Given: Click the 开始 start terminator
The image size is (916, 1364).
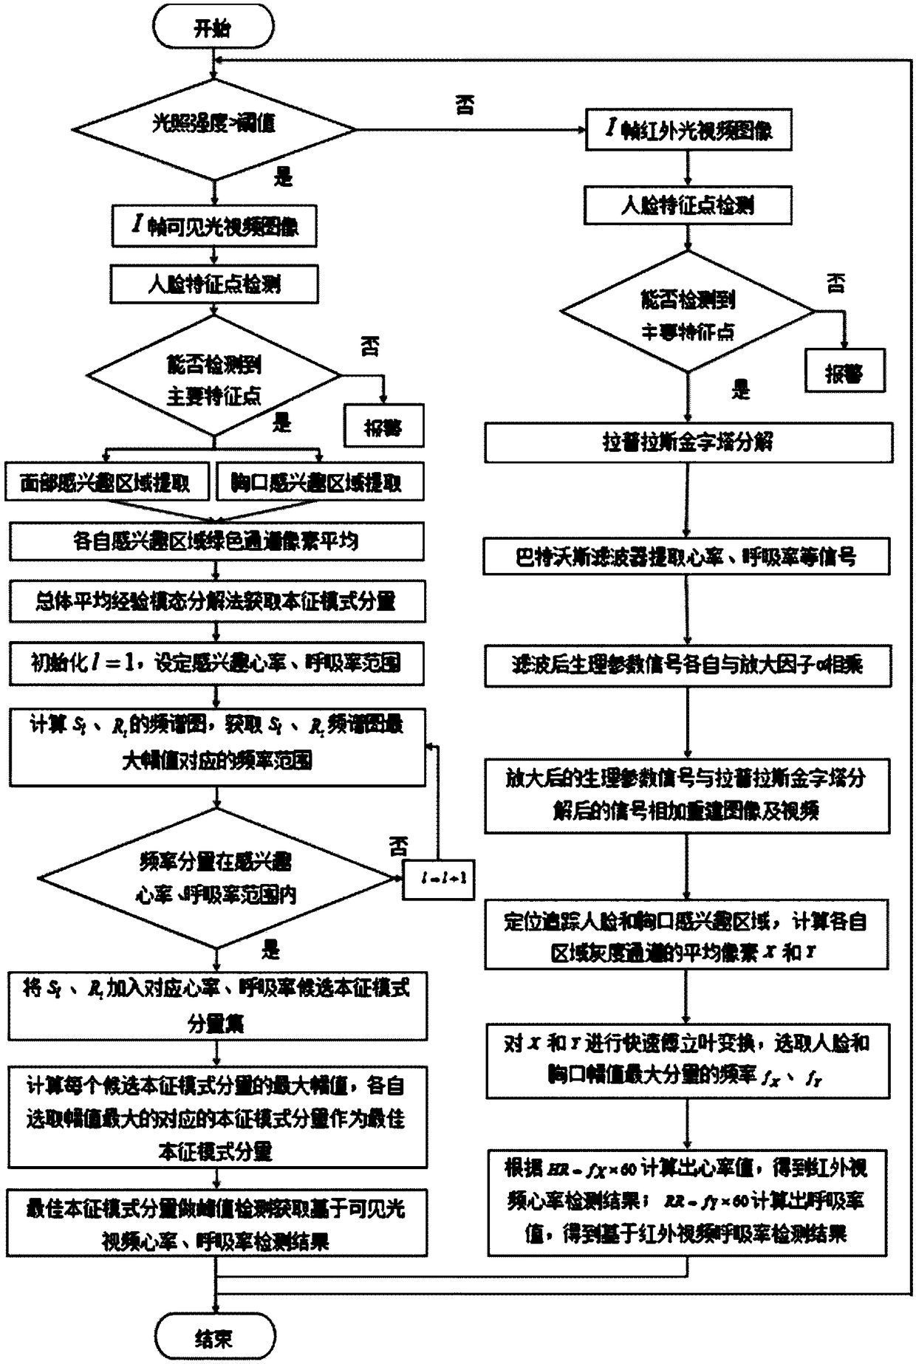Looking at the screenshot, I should [x=213, y=28].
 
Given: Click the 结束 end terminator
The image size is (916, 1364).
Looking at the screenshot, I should [x=215, y=1336].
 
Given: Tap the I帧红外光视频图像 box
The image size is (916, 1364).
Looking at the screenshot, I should [x=688, y=130].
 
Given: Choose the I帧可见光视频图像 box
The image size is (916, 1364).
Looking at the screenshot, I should [x=214, y=226].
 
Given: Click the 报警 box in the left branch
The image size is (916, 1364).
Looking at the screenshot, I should [x=383, y=426].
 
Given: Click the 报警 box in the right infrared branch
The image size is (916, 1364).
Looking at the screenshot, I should [x=844, y=371].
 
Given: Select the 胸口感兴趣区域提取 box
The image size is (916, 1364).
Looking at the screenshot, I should [x=318, y=483].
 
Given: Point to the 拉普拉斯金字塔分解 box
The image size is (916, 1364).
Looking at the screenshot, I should [x=688, y=442].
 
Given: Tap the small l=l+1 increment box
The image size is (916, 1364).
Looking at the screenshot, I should [x=438, y=880].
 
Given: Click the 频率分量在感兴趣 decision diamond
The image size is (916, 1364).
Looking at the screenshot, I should [x=216, y=878].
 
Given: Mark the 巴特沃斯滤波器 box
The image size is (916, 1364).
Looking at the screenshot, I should [x=686, y=557].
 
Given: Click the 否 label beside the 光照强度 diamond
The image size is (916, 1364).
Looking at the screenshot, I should [x=464, y=105].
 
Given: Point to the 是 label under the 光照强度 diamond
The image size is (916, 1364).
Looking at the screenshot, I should [x=283, y=177].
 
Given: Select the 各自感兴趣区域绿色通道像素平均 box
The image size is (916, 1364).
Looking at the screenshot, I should [x=216, y=541].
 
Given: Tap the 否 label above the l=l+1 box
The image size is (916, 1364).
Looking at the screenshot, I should [x=399, y=846].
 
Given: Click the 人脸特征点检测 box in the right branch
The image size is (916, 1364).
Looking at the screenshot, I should [x=688, y=205].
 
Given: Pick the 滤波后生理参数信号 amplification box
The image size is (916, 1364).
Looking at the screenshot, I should [x=688, y=665].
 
